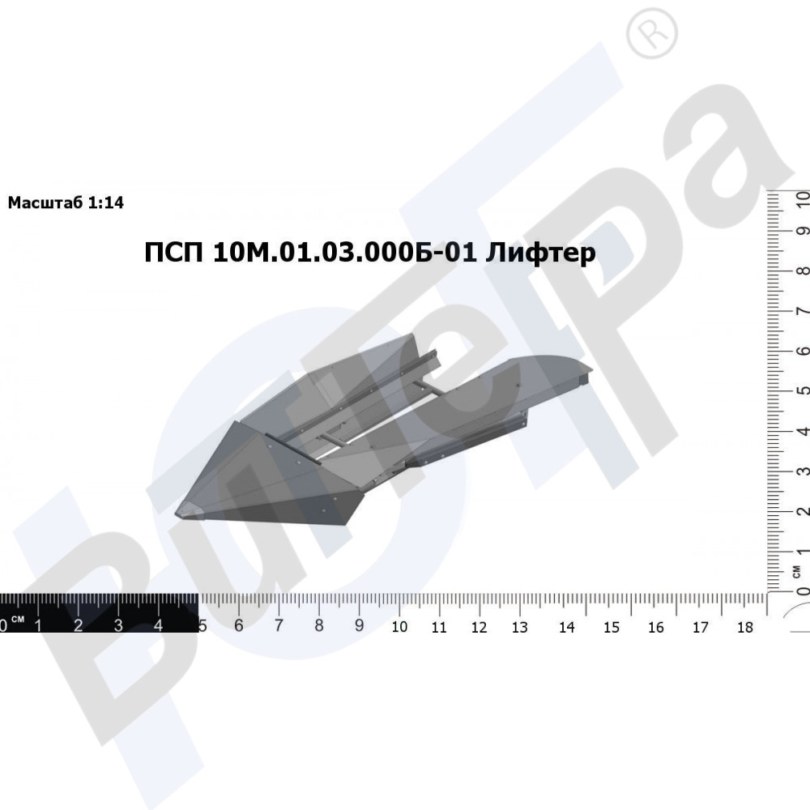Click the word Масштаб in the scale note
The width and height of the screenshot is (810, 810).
tap(45, 202)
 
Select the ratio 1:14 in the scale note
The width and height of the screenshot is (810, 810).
tap(106, 202)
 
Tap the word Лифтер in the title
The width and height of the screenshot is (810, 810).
tap(540, 252)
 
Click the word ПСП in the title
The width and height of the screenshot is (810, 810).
tap(173, 253)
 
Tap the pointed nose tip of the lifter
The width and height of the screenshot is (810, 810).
tap(176, 514)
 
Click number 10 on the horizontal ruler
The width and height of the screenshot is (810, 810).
tap(399, 627)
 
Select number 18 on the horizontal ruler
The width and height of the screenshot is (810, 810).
tap(745, 627)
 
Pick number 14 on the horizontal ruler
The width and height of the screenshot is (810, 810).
tap(567, 627)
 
